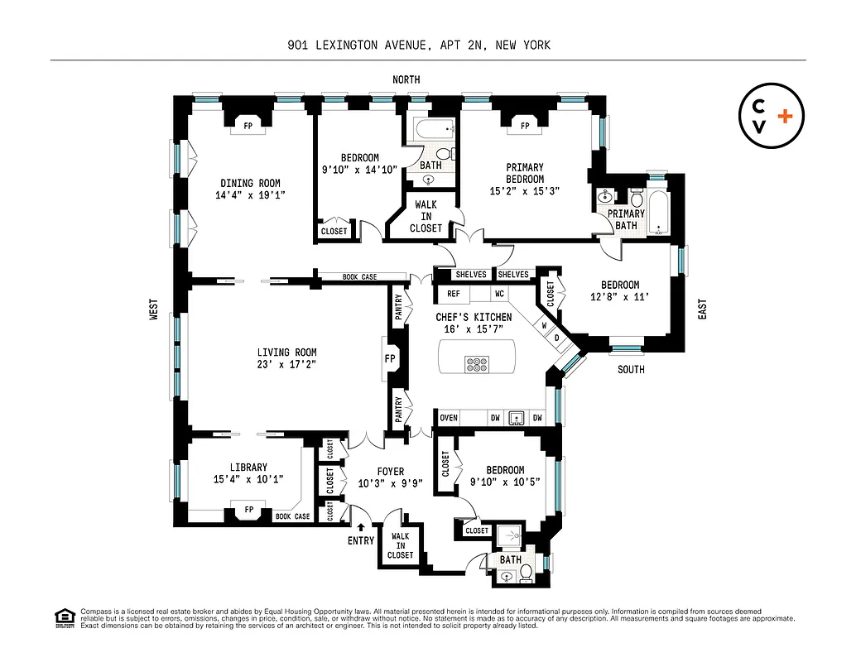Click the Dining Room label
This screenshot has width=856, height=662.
tap(250, 184)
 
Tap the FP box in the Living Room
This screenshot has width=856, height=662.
tap(390, 359)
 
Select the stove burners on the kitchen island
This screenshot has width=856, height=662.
tap(477, 362)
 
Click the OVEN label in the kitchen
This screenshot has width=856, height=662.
tap(449, 418)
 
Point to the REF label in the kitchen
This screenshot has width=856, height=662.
tap(454, 294)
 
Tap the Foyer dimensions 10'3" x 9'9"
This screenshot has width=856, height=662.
tap(391, 484)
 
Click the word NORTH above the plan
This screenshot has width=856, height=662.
tap(406, 79)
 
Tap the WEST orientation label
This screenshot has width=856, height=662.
tap(154, 310)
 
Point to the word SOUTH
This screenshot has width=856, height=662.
tap(631, 369)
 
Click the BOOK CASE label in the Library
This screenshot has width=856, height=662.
tap(292, 516)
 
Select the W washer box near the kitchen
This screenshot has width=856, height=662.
tap(544, 325)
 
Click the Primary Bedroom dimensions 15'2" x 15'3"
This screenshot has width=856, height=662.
tap(525, 190)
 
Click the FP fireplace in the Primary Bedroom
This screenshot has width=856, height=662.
tap(525, 126)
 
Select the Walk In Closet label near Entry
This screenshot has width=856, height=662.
tap(400, 545)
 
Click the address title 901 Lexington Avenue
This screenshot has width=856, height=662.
tap(413, 46)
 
